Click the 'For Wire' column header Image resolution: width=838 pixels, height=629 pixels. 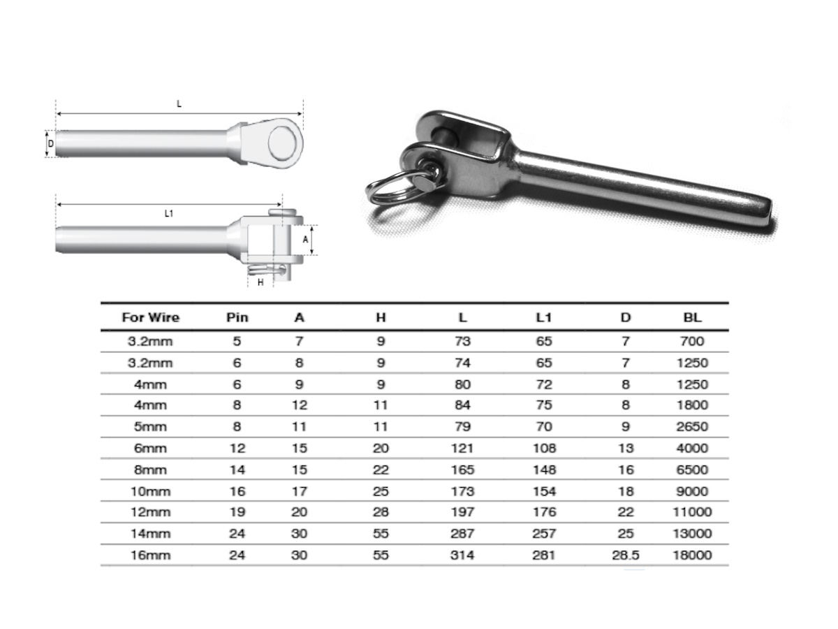(150, 317)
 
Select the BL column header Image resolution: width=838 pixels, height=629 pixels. (692, 317)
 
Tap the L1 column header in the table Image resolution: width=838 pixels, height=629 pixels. (543, 317)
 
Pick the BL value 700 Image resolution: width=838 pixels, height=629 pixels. (692, 341)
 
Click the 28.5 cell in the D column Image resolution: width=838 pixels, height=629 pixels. (625, 555)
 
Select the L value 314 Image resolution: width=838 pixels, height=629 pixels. (462, 555)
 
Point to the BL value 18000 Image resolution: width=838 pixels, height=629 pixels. (692, 555)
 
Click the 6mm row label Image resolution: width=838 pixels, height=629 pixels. (150, 448)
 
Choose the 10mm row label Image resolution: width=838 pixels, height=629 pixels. (150, 491)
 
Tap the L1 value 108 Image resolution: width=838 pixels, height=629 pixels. (545, 448)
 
